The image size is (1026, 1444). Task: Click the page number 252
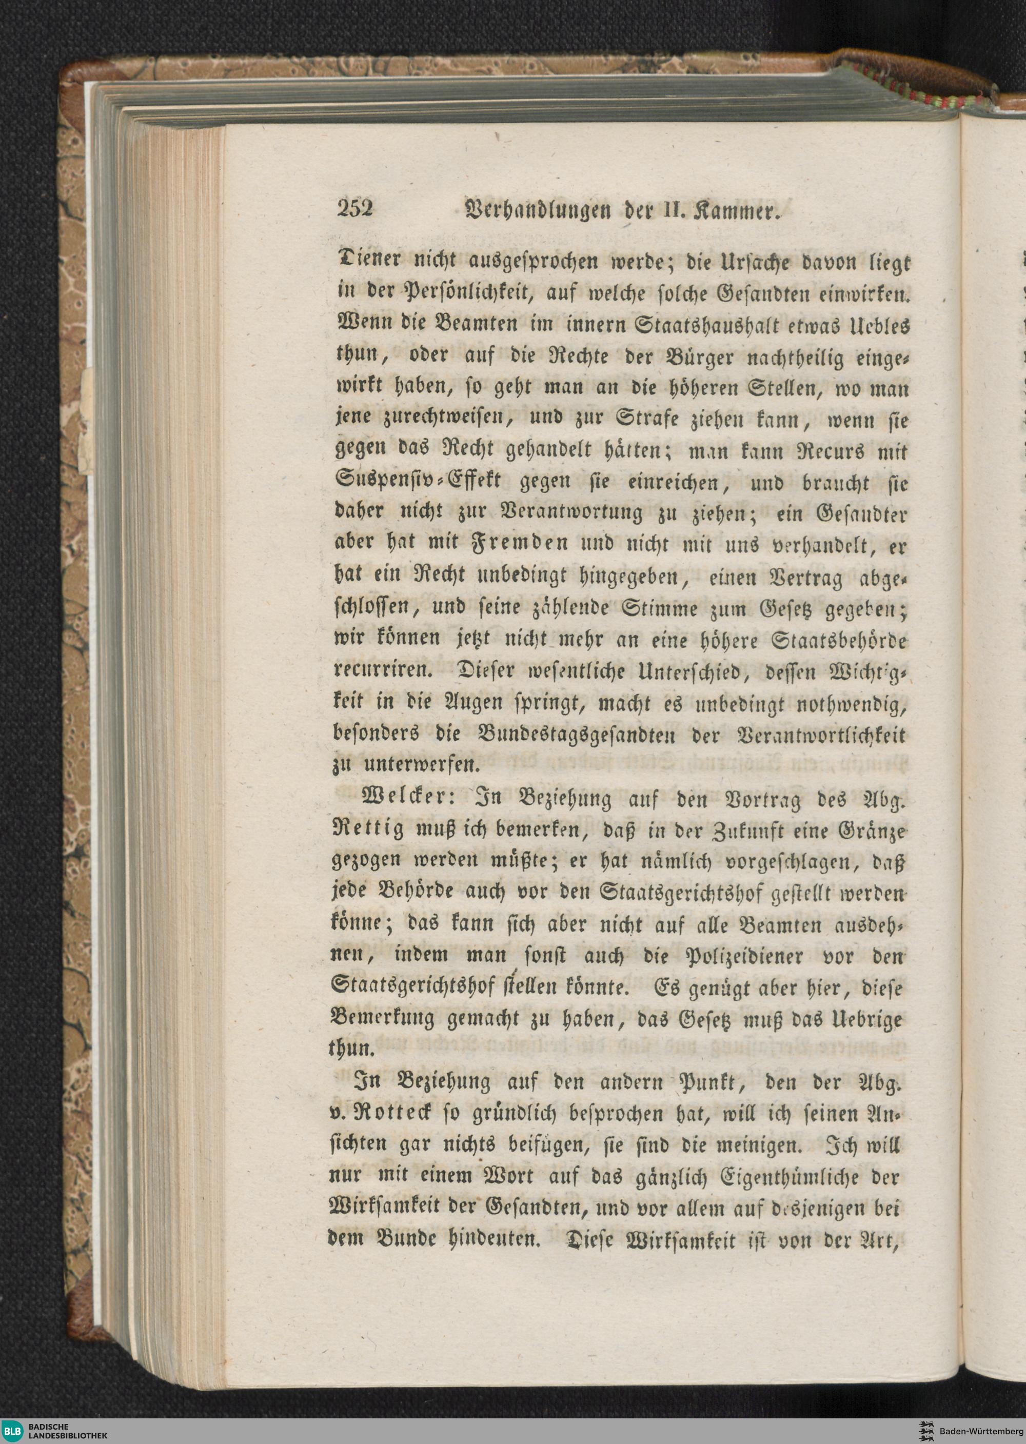tap(356, 209)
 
